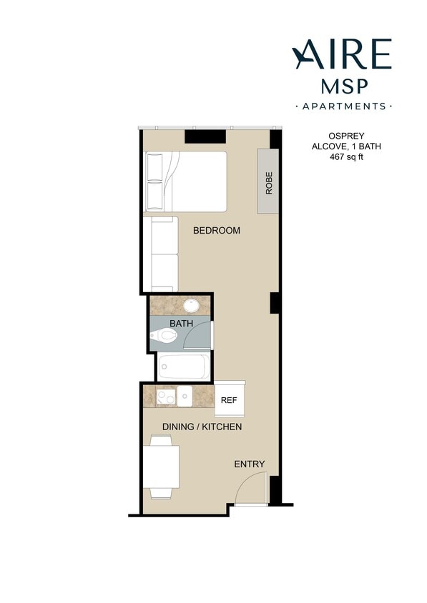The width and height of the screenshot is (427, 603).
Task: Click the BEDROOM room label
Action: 217,231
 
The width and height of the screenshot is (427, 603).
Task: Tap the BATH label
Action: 181,324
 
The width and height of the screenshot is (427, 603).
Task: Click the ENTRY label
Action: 250,464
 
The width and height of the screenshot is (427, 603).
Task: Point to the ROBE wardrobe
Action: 269,181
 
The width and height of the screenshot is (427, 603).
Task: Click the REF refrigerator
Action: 230,401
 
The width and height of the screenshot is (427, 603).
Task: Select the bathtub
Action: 184,367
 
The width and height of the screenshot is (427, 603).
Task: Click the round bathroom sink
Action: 191,306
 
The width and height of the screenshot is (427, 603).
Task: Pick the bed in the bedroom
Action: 185,181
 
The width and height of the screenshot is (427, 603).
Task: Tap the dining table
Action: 161,467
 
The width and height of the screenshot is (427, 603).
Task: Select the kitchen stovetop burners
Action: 167,397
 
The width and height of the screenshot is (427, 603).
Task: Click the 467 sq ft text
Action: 342,156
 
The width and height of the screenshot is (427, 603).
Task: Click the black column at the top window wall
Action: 205,136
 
